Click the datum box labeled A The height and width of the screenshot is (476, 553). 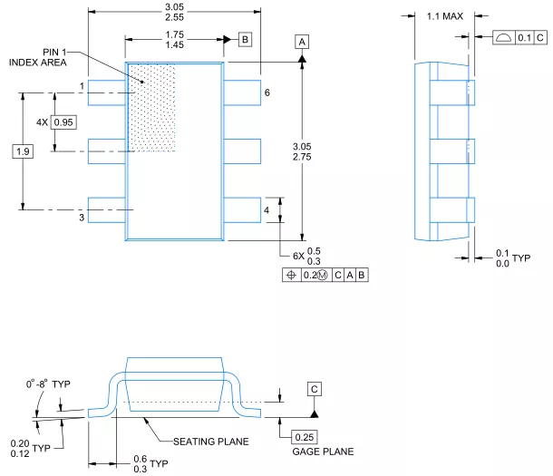[x=302, y=42]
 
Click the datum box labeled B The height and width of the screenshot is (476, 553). [x=245, y=39]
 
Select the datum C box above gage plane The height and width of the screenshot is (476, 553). [x=315, y=389]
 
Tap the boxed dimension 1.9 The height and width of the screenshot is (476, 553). [x=23, y=151]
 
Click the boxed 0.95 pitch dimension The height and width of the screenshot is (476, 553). [x=63, y=122]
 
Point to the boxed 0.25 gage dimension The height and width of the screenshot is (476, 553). [x=305, y=437]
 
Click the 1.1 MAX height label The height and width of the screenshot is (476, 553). [x=445, y=16]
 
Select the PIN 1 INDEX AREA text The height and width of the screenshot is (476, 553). [x=38, y=57]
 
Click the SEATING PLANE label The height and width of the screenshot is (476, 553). [x=211, y=442]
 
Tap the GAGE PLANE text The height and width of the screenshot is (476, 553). [x=323, y=452]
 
